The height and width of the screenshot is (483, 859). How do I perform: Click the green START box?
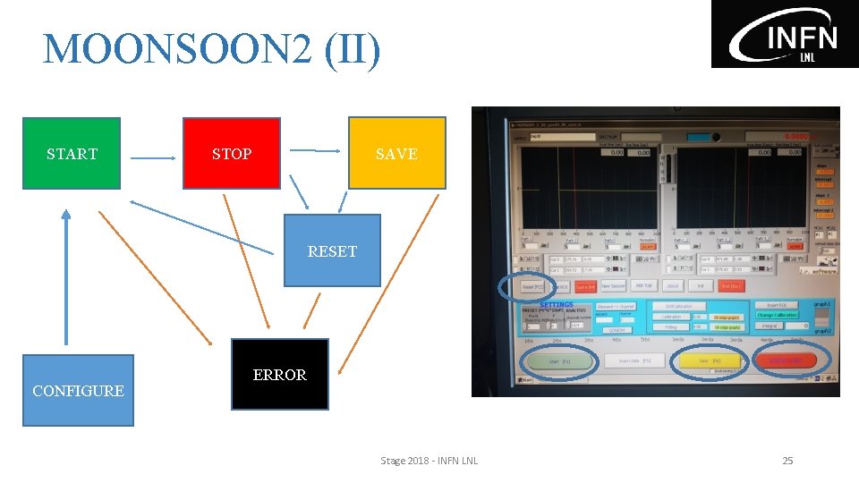71,153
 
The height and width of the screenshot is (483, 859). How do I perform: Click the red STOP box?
231,153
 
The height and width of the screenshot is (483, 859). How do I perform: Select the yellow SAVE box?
396,153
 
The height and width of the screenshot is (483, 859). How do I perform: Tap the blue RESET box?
332,250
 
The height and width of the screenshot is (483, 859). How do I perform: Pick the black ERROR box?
279,374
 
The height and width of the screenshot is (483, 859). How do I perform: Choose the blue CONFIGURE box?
78,390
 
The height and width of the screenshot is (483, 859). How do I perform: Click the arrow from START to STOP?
153,158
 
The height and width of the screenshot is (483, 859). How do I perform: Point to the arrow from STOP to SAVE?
317,151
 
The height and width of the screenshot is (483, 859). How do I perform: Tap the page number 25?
787,461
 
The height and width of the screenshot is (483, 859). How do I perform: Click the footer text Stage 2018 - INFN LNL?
429,461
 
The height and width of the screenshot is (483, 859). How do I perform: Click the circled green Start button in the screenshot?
560,361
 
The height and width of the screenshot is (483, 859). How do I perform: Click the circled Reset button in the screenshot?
528,286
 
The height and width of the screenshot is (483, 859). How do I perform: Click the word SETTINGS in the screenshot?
557,304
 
